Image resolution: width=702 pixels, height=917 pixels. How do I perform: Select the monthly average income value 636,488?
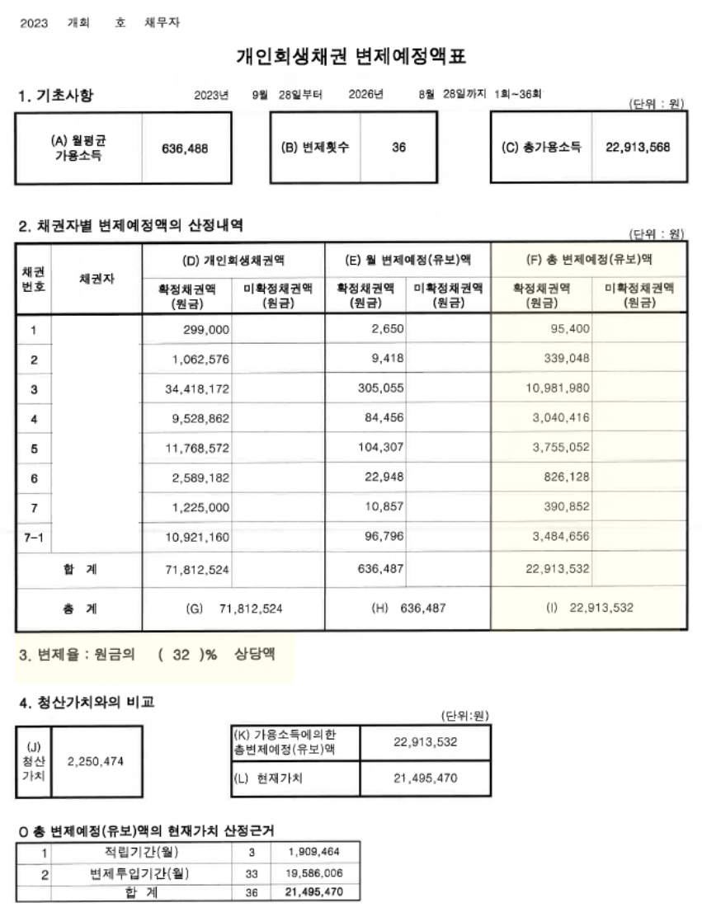[x=186, y=149]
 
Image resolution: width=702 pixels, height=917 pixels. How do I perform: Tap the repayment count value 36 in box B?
[x=398, y=148]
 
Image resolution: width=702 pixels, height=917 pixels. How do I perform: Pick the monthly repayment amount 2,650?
[x=386, y=330]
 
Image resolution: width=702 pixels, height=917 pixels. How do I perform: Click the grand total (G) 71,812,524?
[x=233, y=608]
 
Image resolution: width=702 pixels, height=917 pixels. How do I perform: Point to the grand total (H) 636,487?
[x=409, y=608]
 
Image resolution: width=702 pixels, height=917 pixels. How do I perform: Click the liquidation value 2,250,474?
[x=95, y=760]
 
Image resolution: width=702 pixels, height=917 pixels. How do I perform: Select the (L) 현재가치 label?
[x=270, y=778]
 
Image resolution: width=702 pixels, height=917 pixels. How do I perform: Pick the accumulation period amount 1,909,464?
[x=314, y=850]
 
